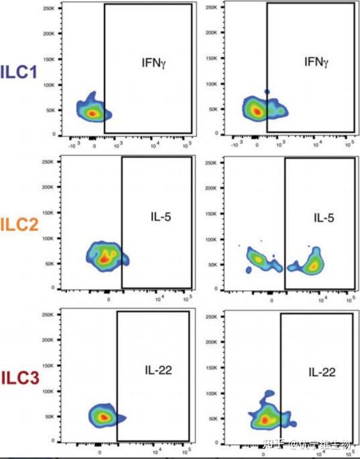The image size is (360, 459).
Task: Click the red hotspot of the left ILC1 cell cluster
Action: (x=92, y=112)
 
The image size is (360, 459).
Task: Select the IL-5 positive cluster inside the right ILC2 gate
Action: (x=312, y=264)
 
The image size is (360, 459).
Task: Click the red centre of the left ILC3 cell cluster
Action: (x=103, y=416)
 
